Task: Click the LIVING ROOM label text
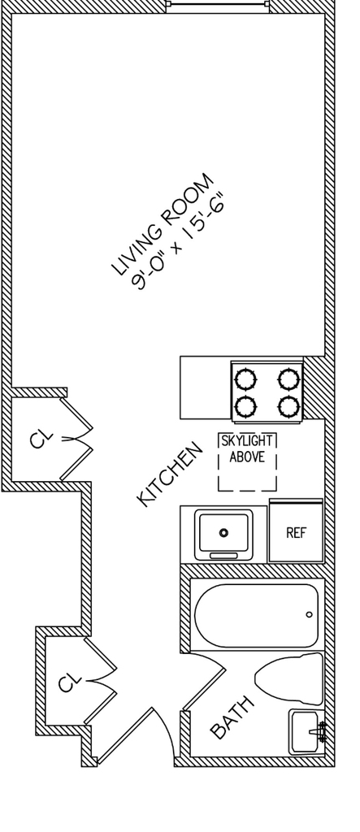coord(163,225)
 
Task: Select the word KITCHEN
coord(170,474)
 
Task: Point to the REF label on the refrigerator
coord(297,533)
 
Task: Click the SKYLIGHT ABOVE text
coord(247,448)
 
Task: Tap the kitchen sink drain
coord(224,532)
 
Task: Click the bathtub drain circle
coord(310,615)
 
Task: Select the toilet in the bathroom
coord(288,678)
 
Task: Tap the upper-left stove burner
coord(246,379)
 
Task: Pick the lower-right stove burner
coord(288,407)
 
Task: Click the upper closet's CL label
coord(41,440)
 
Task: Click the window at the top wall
coord(218,5)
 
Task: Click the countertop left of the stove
coord(206,388)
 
